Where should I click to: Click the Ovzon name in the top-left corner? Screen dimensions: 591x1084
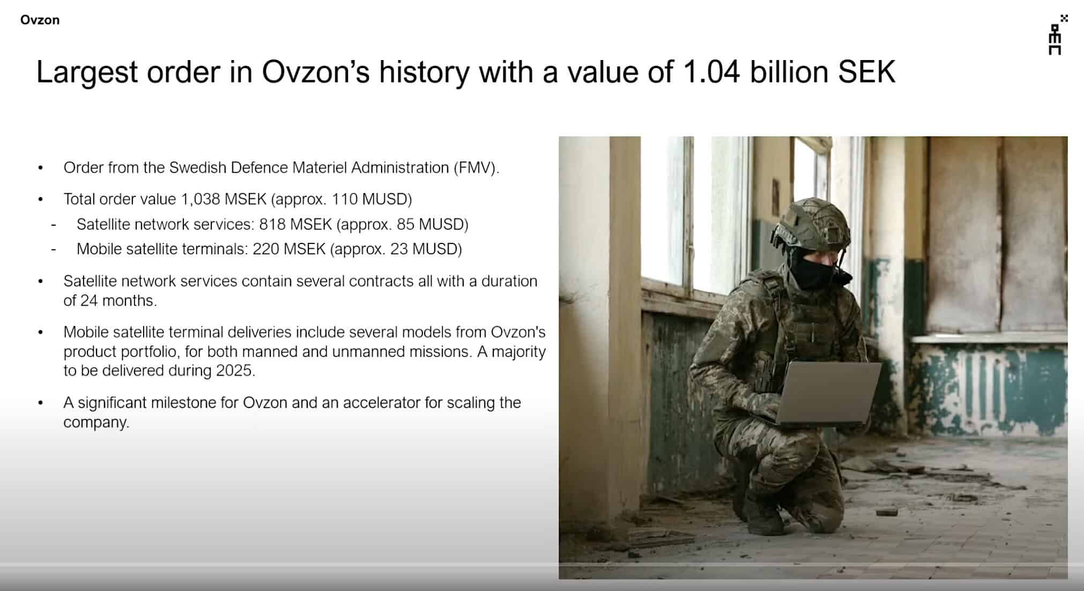[40, 20]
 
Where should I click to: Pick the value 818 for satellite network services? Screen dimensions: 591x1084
[272, 224]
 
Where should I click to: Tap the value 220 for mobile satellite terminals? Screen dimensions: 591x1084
[265, 249]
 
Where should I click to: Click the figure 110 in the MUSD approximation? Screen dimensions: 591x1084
[344, 200]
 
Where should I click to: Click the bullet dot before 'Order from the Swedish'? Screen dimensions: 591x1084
[41, 168]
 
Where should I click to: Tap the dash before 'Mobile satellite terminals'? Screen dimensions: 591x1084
[54, 249]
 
